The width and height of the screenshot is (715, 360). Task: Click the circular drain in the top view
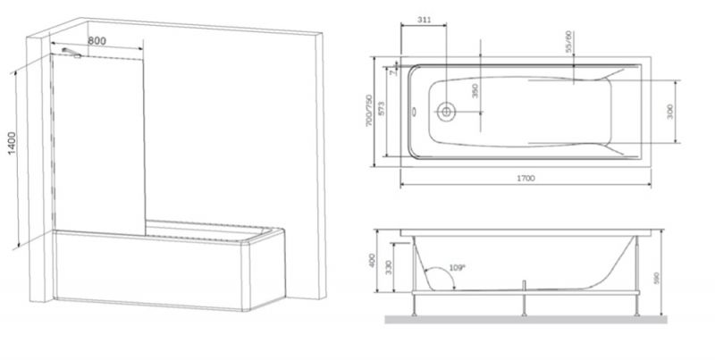pyautogui.click(x=446, y=112)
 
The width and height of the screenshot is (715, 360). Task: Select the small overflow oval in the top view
pyautogui.click(x=413, y=111)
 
